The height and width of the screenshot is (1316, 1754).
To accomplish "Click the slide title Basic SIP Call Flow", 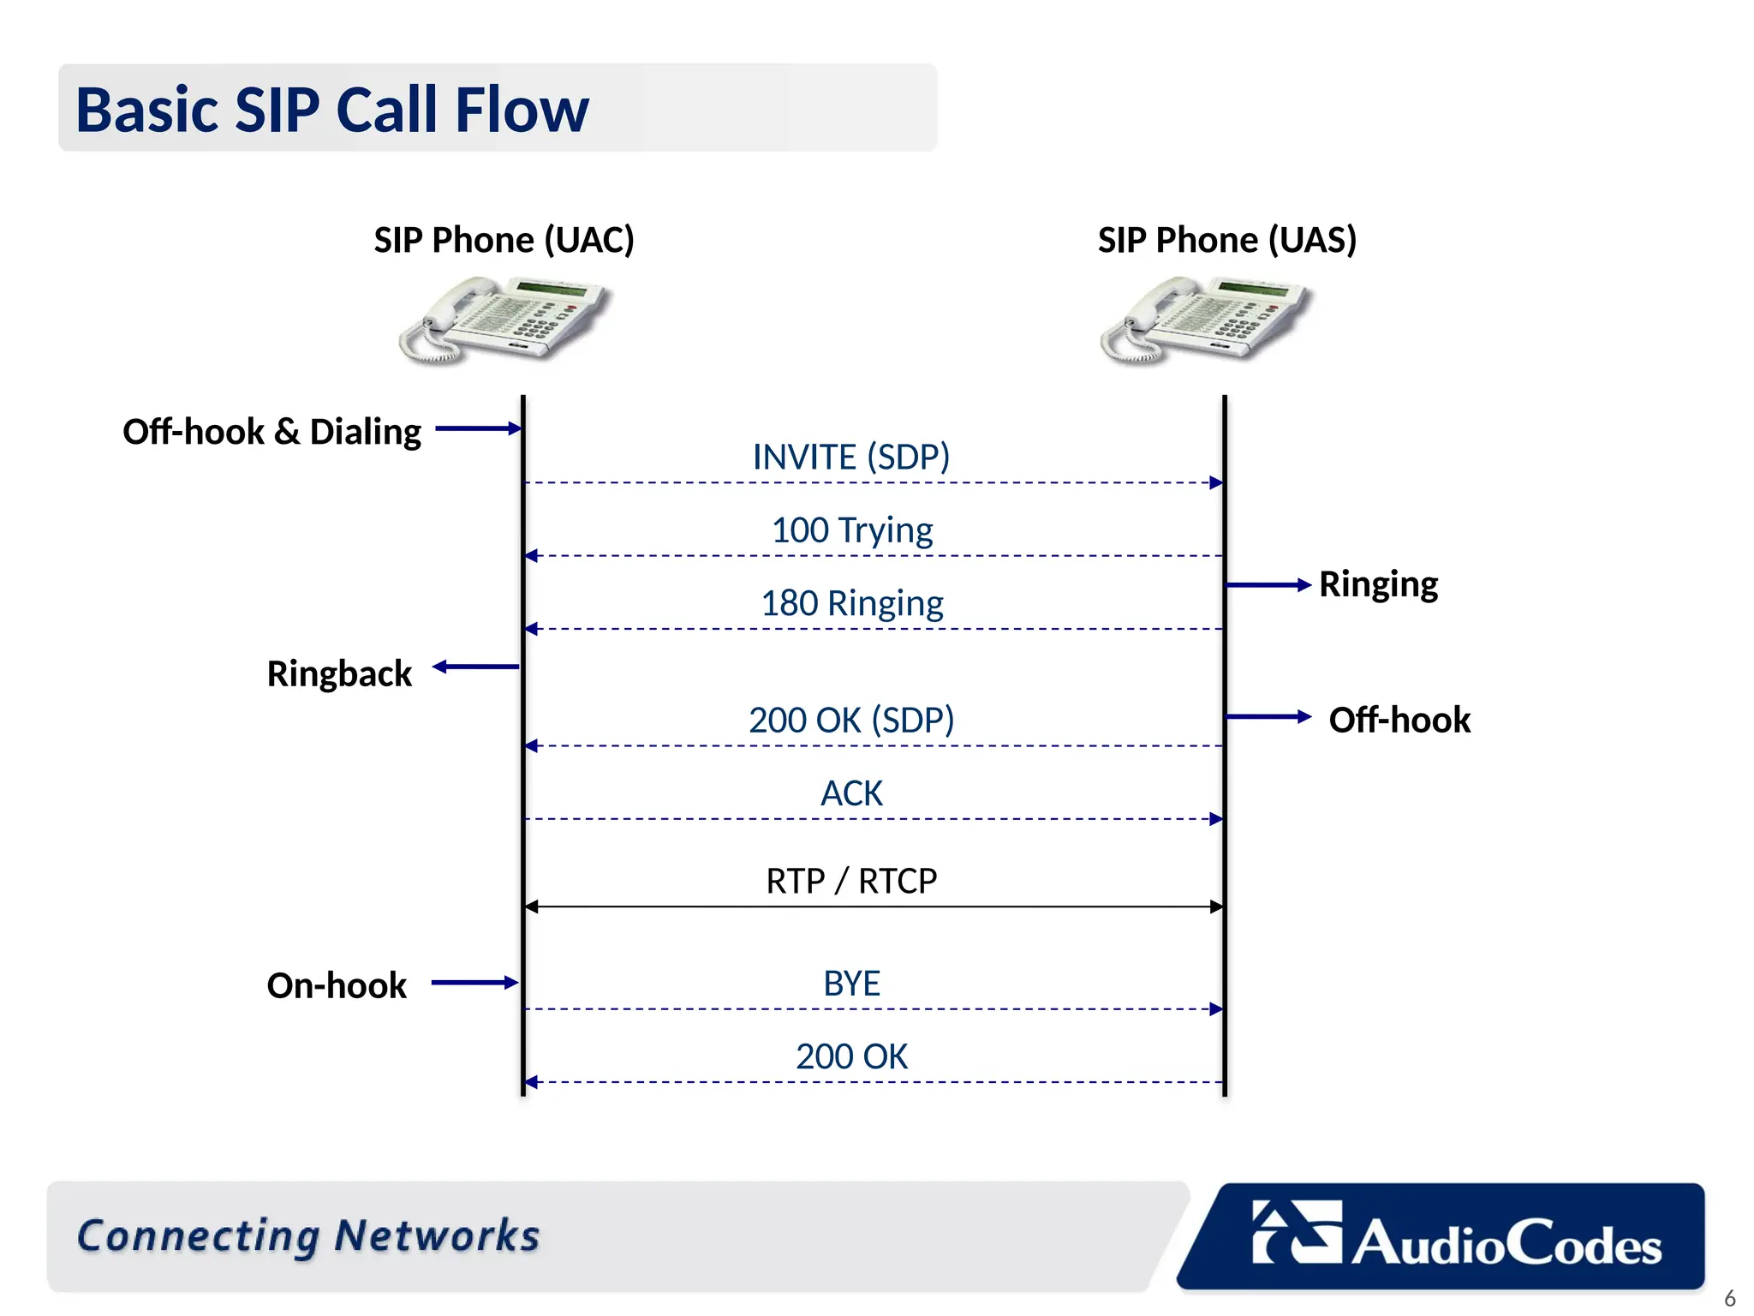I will tap(332, 110).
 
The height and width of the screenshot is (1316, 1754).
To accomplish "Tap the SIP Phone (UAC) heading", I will tap(504, 240).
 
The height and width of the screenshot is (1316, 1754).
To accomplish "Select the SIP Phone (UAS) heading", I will tap(1226, 240).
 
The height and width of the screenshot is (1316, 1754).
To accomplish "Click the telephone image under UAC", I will tap(505, 320).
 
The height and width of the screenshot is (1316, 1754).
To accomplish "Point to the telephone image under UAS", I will tap(1206, 320).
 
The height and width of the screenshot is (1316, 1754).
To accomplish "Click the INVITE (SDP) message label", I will tap(850, 457).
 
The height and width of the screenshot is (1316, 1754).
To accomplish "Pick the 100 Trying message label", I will tap(851, 530).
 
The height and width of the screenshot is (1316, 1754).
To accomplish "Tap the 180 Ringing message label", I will tap(851, 603).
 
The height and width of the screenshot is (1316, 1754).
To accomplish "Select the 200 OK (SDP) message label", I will tap(851, 721).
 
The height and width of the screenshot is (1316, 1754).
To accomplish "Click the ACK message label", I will tap(851, 793).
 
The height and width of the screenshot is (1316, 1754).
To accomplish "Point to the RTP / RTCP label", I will tap(851, 881).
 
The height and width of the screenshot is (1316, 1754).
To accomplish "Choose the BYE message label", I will tap(851, 984).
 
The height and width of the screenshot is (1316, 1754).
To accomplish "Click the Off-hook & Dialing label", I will tap(271, 432).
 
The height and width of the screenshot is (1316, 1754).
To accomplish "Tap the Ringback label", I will tap(339, 674).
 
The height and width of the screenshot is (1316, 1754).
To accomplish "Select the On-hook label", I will tap(337, 986).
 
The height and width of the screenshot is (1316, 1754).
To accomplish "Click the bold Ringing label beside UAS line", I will tap(1378, 584).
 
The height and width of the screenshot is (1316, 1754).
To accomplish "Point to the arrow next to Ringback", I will tap(476, 667).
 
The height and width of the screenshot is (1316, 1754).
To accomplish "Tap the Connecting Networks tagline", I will tap(308, 1236).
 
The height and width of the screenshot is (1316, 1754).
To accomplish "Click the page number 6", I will tap(1729, 1298).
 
